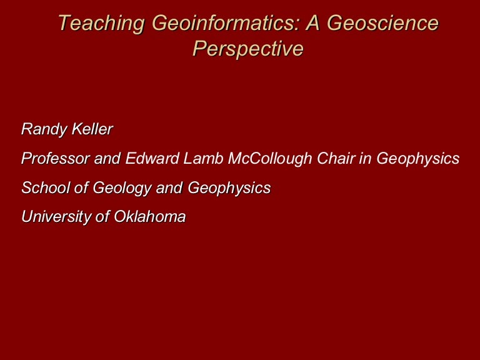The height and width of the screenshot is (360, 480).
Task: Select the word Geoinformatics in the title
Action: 226,22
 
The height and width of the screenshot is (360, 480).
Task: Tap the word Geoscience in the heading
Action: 383,22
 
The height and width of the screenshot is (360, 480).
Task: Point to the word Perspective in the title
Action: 248,49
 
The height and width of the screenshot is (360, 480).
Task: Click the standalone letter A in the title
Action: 313,22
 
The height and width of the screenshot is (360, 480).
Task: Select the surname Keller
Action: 92,129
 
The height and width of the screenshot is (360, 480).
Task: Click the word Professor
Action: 56,158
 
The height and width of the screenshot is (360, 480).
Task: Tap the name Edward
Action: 152,158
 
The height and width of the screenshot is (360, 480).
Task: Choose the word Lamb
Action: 203,158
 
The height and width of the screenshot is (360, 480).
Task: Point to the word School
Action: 46,187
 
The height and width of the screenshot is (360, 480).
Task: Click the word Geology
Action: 122,188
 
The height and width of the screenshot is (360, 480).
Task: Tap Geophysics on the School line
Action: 229,188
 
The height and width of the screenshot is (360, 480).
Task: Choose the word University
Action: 56,217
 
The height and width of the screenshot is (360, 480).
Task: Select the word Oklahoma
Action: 150,216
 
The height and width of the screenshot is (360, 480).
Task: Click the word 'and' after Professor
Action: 107,158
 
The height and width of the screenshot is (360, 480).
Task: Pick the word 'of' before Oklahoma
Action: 102,216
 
